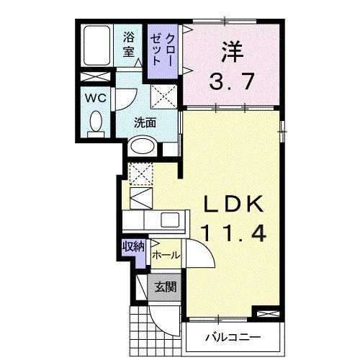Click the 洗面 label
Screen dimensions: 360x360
(145, 122)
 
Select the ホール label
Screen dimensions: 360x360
(165, 255)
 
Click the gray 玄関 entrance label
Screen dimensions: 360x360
(165, 287)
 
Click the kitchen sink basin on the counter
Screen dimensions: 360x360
(172, 220)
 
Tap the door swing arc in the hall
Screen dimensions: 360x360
(199, 253)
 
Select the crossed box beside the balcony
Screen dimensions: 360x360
(265, 314)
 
